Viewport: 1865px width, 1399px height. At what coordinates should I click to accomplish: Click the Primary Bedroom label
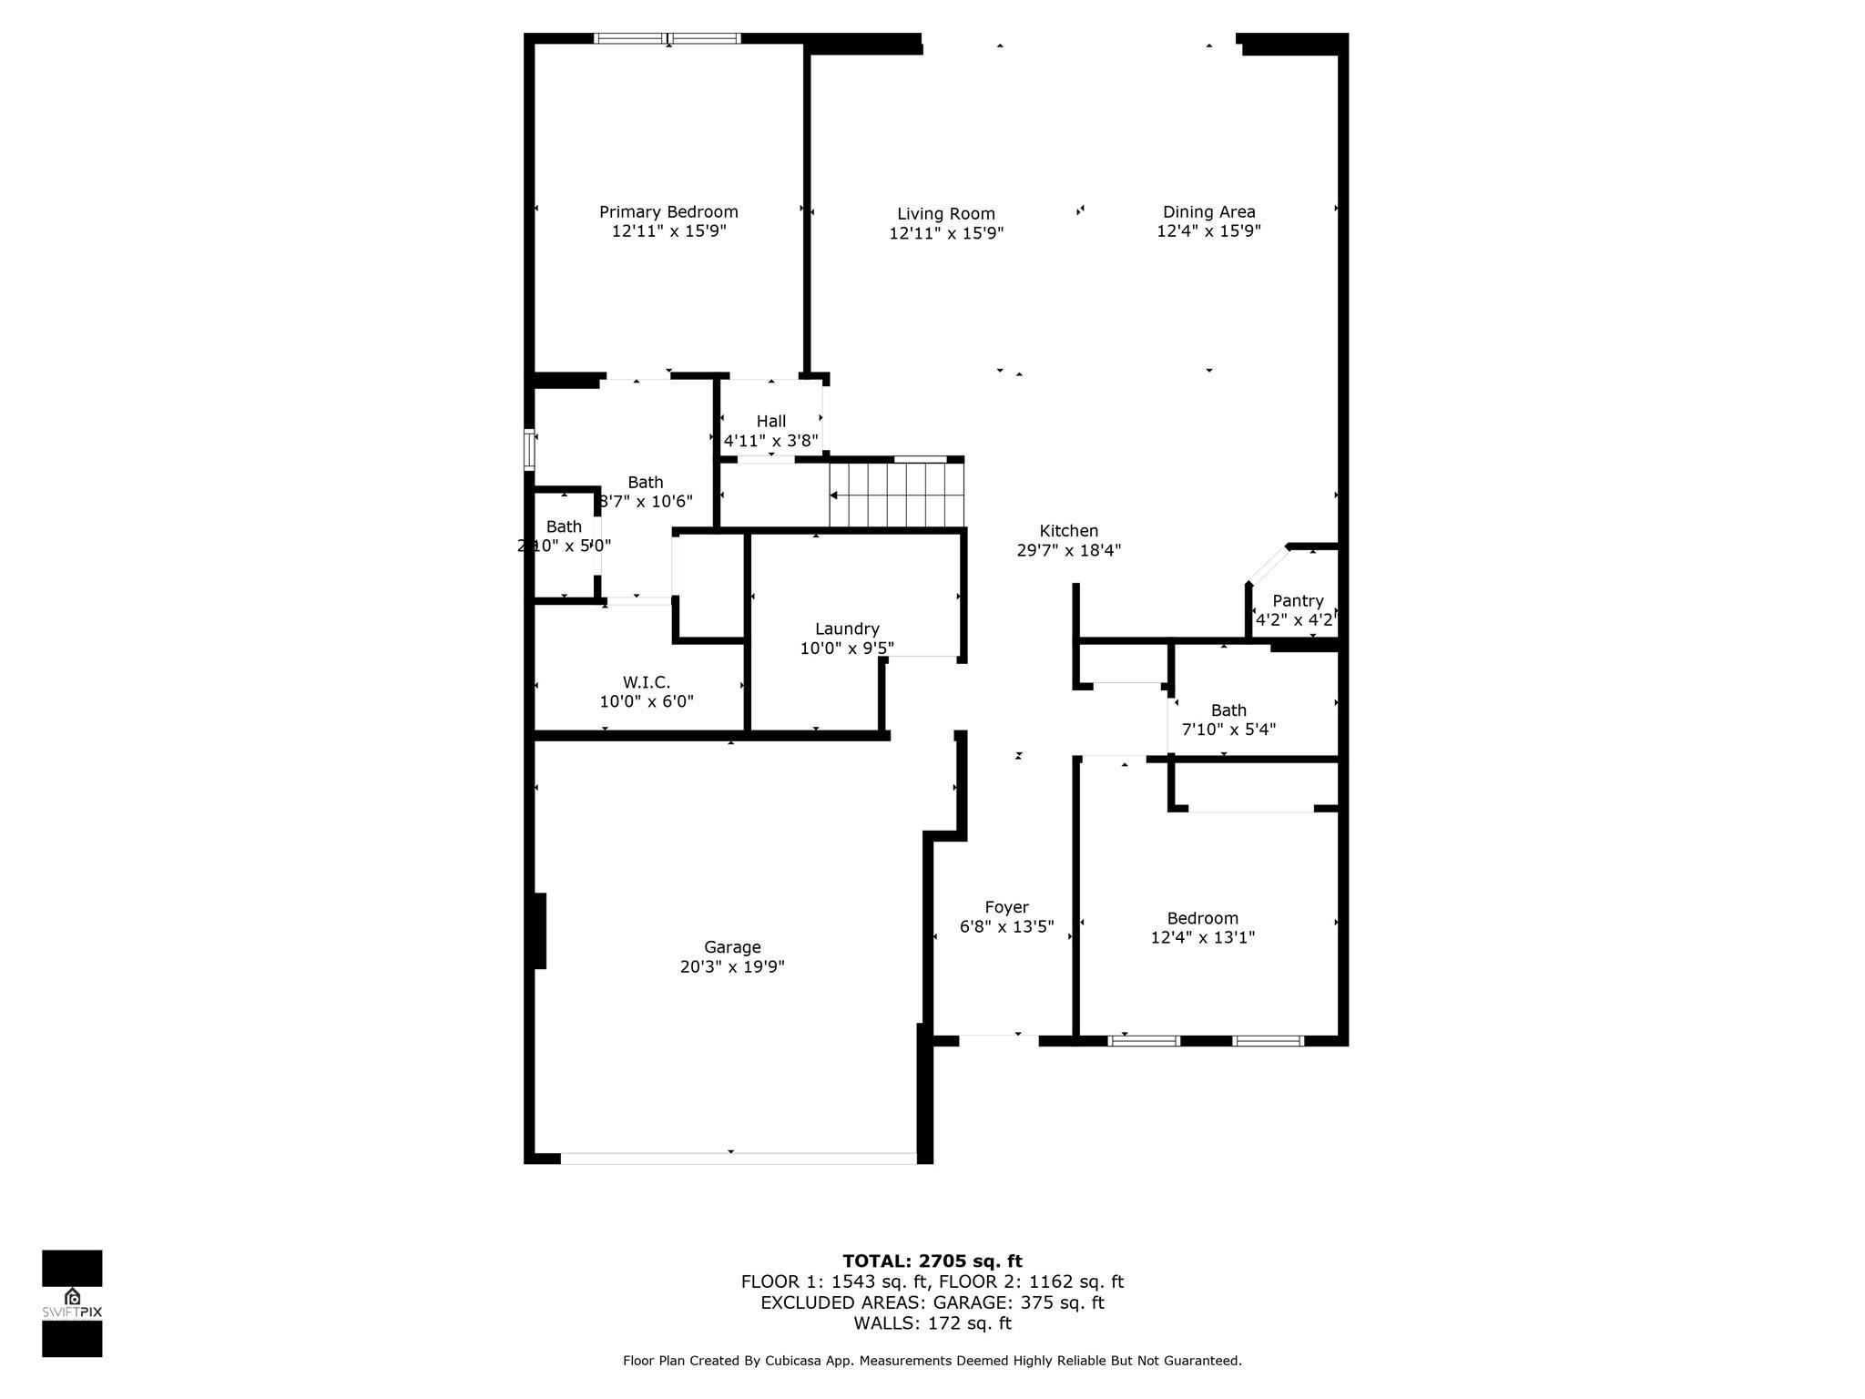coord(668,212)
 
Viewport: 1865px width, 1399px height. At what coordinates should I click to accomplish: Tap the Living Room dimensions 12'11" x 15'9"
coord(946,233)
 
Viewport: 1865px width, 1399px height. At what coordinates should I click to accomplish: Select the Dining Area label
coord(1208,212)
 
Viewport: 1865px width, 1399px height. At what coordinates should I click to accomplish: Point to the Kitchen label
coord(1069,531)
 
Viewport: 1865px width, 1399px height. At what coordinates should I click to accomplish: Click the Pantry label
coord(1298,601)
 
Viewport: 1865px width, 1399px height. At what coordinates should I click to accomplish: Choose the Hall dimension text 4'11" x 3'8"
coord(770,441)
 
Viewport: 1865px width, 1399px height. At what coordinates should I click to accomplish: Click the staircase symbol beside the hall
coord(897,495)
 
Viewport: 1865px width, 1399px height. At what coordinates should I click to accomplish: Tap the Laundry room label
coord(847,628)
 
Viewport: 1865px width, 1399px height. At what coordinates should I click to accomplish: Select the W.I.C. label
coord(647,682)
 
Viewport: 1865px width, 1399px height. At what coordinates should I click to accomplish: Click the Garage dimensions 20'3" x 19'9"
coord(732,966)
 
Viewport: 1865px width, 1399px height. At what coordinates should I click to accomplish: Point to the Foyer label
coord(1006,907)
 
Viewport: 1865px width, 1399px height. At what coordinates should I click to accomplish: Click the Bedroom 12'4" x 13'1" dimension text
coord(1203,937)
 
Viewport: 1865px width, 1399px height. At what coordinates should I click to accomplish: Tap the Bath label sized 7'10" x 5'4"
coord(1228,710)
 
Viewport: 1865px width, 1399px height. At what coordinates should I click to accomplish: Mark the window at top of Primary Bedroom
coord(668,38)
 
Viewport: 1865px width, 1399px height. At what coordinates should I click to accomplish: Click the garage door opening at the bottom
coord(738,1158)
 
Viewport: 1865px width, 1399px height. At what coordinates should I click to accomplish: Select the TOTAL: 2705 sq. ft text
coord(932,1261)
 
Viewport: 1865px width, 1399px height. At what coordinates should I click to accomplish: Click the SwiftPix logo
coord(72,1302)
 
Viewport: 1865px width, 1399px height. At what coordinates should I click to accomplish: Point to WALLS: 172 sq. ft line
coord(932,1323)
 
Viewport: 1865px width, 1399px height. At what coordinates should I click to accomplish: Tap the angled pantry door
coord(1268,565)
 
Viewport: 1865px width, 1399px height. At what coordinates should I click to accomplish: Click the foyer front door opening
coord(999,1037)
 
